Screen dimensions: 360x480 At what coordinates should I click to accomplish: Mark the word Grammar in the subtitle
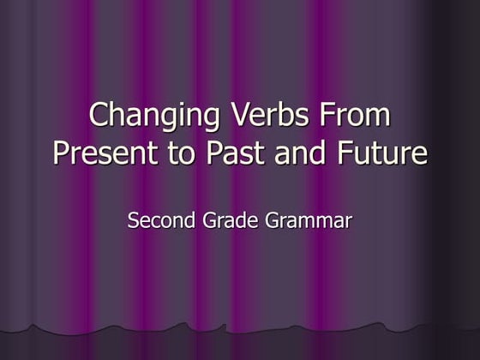tap(309, 221)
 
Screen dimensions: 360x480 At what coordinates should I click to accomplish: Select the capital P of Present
tap(60, 153)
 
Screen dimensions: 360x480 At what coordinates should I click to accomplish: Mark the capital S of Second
tap(133, 220)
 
